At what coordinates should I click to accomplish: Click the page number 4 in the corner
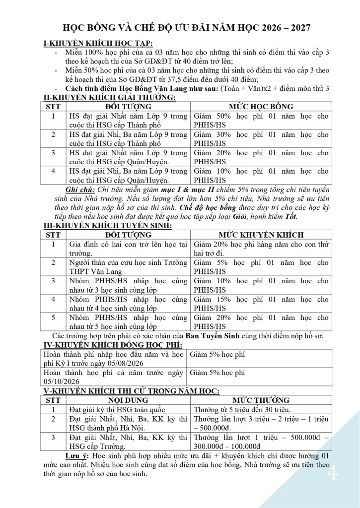pyautogui.click(x=332, y=474)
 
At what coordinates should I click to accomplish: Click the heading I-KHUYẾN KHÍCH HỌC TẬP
pyautogui.click(x=99, y=44)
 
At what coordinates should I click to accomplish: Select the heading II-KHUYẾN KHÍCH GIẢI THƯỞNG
pyautogui.click(x=110, y=97)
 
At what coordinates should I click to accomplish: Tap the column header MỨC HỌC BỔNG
pyautogui.click(x=261, y=107)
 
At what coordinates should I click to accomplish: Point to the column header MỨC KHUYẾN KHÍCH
pyautogui.click(x=261, y=235)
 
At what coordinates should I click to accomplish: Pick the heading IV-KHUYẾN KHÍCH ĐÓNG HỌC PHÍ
pyautogui.click(x=113, y=345)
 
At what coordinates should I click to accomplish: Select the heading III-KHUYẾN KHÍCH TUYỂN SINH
pyautogui.click(x=108, y=226)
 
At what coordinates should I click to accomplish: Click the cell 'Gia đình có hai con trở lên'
pyautogui.click(x=128, y=244)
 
